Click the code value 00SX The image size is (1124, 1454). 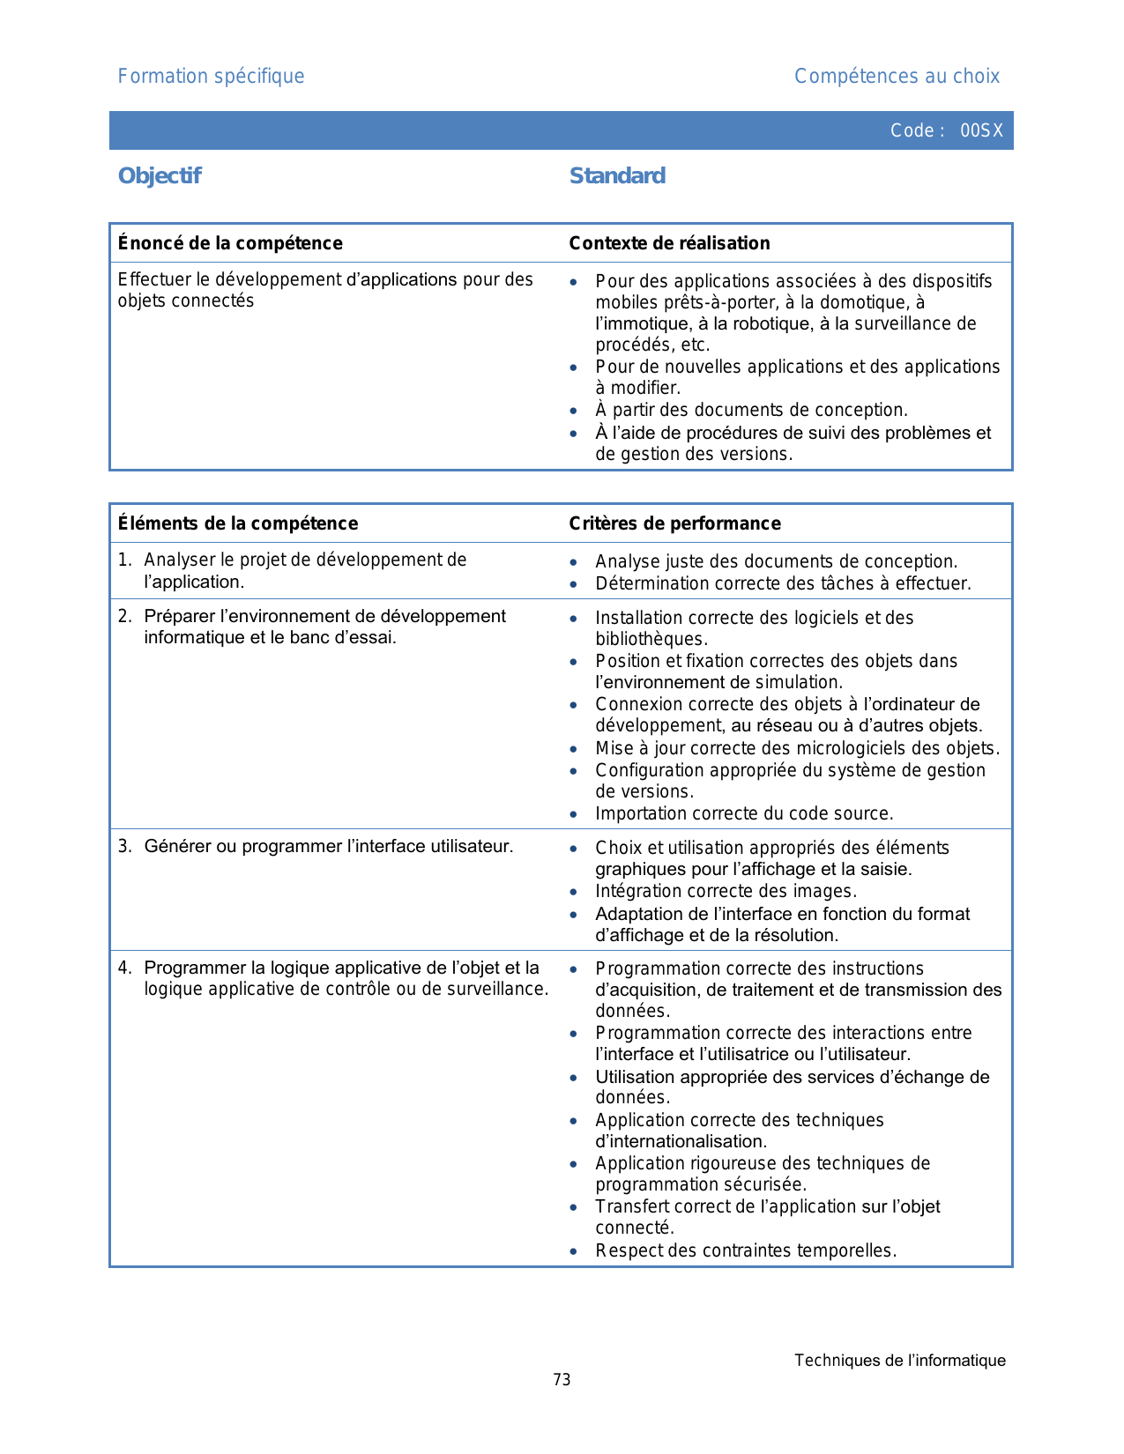point(981,130)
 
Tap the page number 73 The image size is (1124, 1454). point(562,1379)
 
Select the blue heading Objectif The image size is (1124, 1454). point(160,175)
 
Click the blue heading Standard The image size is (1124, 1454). point(617,175)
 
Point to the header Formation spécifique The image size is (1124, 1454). point(211,77)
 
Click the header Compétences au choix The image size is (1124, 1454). point(897,77)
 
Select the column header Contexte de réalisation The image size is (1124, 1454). point(669,243)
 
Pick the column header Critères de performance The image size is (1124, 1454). point(674,523)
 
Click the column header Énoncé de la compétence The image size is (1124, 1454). point(230,243)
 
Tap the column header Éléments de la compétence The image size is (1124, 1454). point(238,523)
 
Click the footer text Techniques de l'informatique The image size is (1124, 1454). point(899,1360)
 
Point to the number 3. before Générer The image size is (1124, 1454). point(125,846)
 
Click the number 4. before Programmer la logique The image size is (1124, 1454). point(125,968)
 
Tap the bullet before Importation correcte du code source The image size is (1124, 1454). point(574,814)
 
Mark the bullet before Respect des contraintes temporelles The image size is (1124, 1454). point(574,1251)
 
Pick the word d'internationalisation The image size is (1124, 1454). point(680,1141)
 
